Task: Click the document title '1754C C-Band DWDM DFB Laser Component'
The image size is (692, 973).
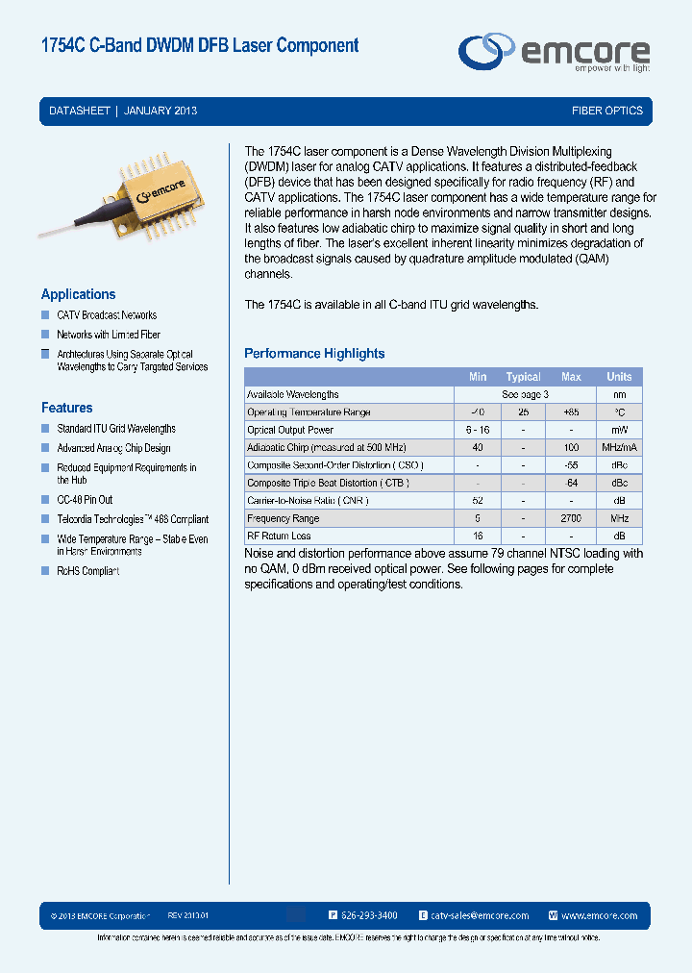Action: click(200, 45)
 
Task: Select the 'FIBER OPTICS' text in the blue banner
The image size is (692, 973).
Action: click(607, 111)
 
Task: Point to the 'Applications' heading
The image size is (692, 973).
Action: click(78, 294)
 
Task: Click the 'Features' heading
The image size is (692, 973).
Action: click(66, 408)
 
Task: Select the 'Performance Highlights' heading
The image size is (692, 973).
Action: click(314, 353)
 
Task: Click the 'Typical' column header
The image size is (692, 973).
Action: click(524, 377)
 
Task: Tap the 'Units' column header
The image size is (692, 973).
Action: click(619, 377)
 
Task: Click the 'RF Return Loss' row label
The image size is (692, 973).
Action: click(279, 536)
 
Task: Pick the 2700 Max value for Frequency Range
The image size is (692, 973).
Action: click(571, 518)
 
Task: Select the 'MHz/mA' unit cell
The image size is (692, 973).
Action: click(619, 448)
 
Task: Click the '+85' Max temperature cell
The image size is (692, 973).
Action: click(571, 412)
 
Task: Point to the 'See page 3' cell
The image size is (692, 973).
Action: click(525, 394)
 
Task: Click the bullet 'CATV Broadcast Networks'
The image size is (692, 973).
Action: click(106, 315)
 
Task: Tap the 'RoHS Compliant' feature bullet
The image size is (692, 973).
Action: click(87, 571)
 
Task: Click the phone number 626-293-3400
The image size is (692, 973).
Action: click(370, 915)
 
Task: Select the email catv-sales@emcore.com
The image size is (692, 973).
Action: click(480, 915)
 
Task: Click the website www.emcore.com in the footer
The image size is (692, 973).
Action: click(599, 915)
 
